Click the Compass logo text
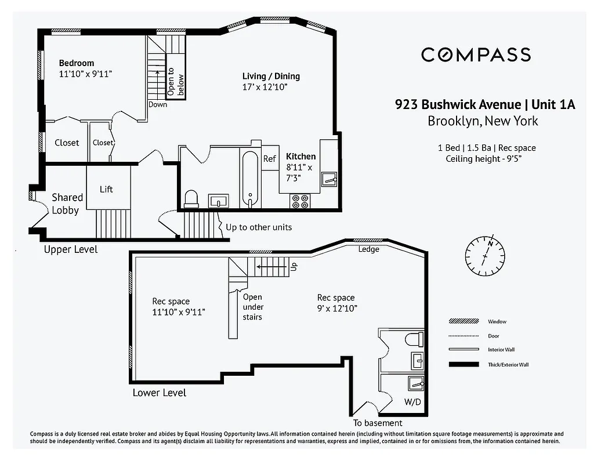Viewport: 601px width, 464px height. [x=476, y=55]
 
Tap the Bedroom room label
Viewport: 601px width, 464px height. [x=77, y=63]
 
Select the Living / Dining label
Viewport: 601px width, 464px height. [x=271, y=77]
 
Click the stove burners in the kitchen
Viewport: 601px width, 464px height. [x=300, y=201]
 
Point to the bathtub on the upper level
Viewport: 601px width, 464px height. [x=250, y=179]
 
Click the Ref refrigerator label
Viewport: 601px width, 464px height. [x=270, y=158]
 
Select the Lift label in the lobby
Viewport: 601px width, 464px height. [x=106, y=189]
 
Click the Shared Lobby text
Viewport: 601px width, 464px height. [x=67, y=204]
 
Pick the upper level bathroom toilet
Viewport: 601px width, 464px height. [x=191, y=199]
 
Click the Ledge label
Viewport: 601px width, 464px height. [x=368, y=249]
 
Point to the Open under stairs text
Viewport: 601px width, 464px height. [x=253, y=307]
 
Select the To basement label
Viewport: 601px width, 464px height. [x=378, y=423]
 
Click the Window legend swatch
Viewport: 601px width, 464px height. [x=464, y=321]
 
